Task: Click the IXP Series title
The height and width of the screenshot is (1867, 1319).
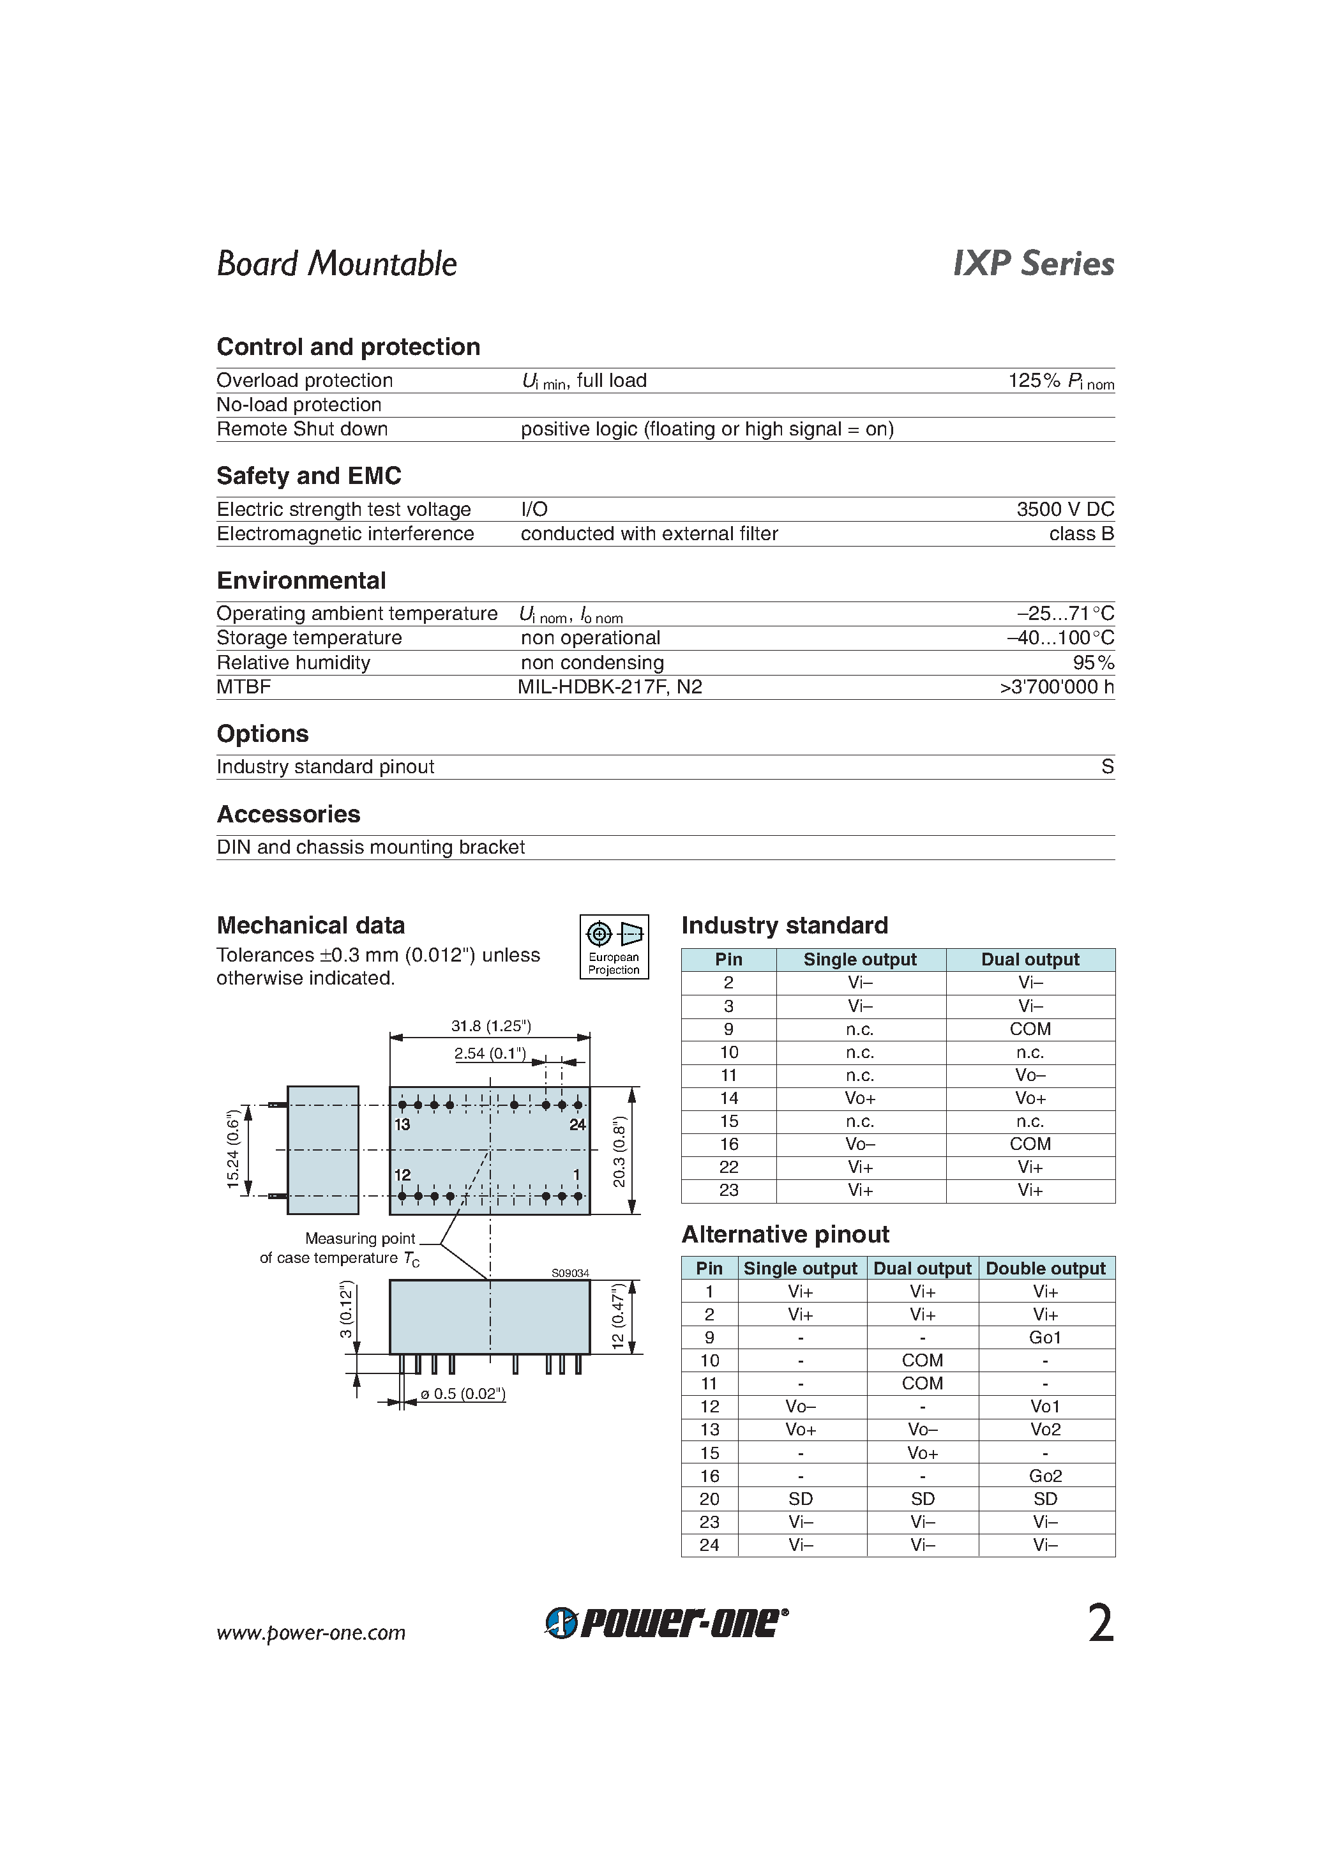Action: (x=1033, y=264)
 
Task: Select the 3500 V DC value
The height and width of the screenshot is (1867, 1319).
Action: (x=1064, y=509)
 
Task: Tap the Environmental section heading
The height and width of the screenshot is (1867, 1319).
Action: (x=301, y=580)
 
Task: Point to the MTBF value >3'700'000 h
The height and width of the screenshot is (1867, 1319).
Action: (x=1057, y=687)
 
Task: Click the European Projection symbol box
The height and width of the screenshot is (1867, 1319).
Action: (x=614, y=946)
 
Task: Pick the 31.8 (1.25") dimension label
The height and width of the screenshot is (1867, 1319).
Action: (x=491, y=1025)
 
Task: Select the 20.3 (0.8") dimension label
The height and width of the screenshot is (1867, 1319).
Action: (x=621, y=1151)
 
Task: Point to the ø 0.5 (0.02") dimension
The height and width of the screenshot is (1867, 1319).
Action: (x=463, y=1394)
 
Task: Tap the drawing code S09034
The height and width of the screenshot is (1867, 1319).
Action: (x=570, y=1273)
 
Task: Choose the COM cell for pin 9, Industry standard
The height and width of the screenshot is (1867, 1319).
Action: (x=1030, y=1029)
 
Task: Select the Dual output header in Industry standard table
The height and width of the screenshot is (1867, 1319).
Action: (x=1030, y=960)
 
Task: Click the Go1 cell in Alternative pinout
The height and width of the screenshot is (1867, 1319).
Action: (x=1045, y=1338)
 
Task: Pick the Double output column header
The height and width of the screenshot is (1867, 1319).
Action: (x=1045, y=1269)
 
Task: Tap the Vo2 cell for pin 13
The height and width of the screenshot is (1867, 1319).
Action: (x=1045, y=1430)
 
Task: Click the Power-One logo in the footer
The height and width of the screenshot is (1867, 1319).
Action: (x=666, y=1623)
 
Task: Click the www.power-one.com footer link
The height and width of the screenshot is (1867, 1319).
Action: (x=311, y=1633)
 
